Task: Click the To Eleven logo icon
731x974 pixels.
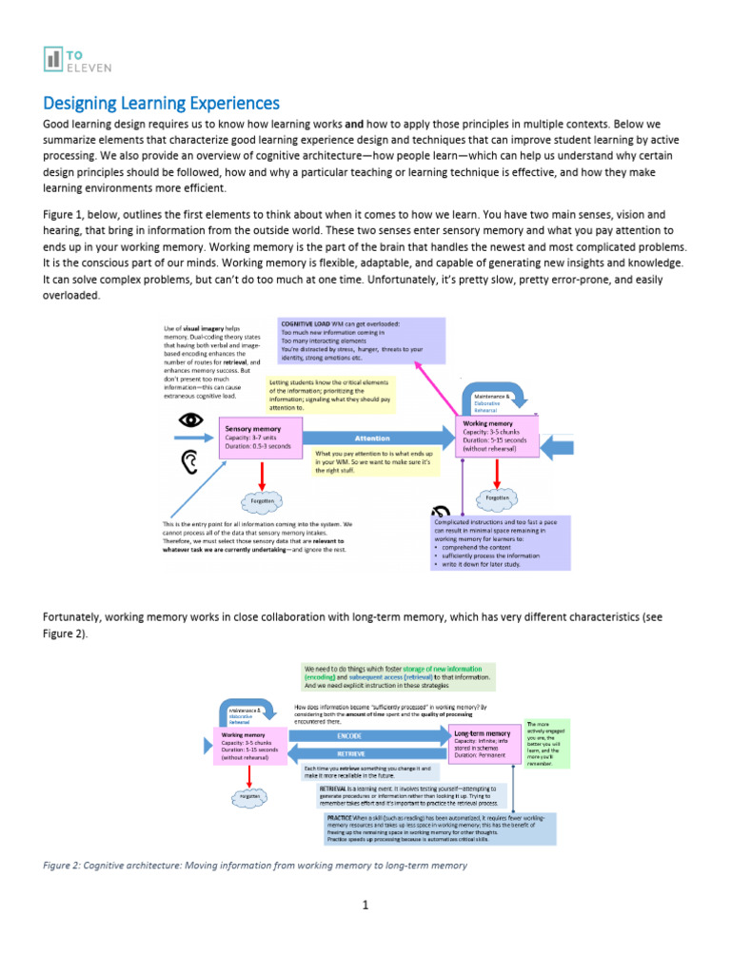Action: [x=53, y=59]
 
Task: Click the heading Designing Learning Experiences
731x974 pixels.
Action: [x=161, y=103]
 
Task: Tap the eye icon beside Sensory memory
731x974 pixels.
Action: [x=191, y=419]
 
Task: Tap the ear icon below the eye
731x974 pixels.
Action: [x=191, y=462]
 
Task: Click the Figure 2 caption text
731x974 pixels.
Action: [x=255, y=866]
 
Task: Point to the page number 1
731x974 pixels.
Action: [x=365, y=905]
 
